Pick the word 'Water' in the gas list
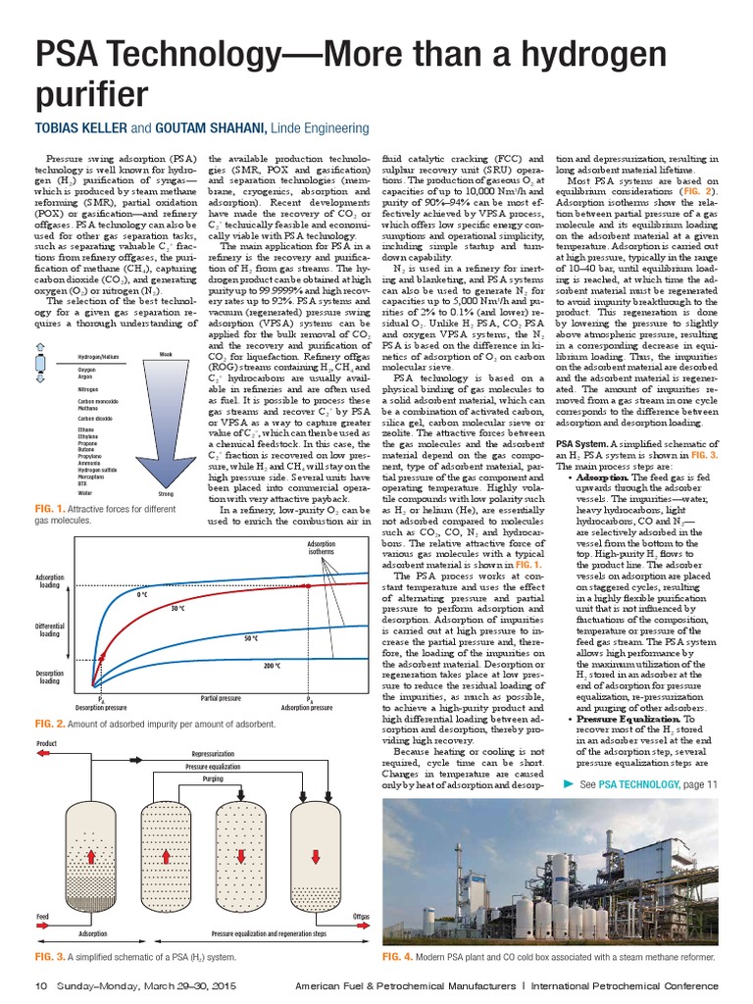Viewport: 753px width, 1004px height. click(x=85, y=493)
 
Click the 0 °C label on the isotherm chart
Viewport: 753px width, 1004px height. click(x=143, y=594)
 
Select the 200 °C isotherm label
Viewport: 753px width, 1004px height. click(x=271, y=666)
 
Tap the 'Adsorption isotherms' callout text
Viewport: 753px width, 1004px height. click(x=321, y=547)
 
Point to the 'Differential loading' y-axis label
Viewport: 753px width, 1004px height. click(x=50, y=629)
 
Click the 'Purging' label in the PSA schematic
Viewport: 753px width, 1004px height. click(x=213, y=778)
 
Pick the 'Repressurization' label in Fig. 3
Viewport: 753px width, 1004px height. click(x=213, y=753)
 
